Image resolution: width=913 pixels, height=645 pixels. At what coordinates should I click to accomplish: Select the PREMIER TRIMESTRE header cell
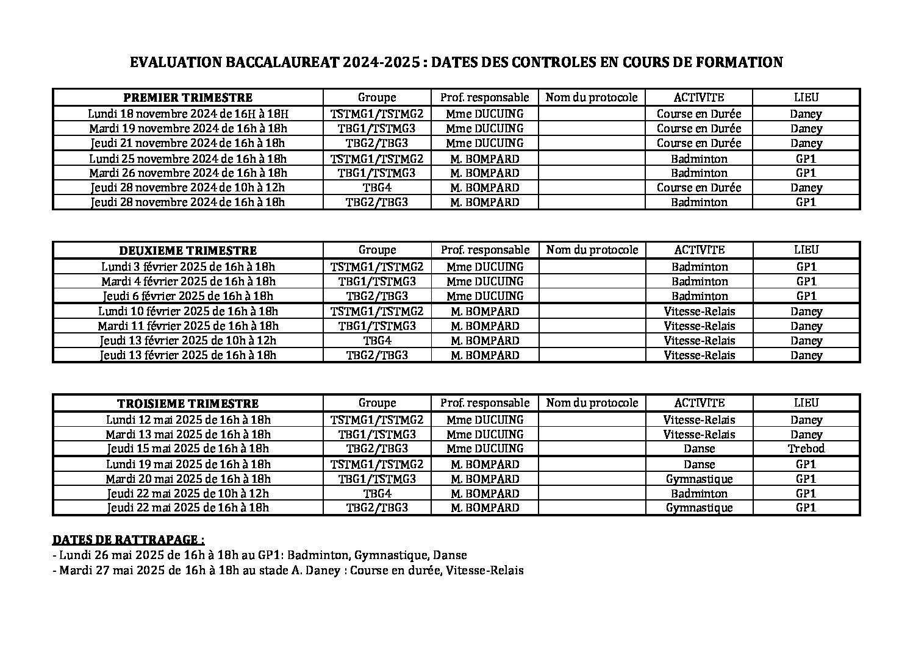188,98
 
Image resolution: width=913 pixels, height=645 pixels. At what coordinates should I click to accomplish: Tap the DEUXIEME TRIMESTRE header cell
188,251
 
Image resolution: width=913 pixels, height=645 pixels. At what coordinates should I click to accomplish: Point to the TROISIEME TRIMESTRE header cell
188,404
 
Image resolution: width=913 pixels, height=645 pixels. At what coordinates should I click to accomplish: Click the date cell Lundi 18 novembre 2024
188,114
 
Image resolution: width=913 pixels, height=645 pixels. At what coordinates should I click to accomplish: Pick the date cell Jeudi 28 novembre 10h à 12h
188,188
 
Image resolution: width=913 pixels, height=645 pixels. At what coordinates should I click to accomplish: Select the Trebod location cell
806,449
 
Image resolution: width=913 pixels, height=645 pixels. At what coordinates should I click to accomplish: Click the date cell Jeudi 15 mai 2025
188,449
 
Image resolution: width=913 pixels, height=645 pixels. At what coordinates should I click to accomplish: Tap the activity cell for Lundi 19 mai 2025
699,464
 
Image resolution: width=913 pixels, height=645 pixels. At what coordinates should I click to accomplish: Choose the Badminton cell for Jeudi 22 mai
699,493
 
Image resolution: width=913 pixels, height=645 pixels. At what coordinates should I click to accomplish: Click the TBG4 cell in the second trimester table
377,341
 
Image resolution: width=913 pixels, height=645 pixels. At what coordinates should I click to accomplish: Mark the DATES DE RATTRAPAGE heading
129,540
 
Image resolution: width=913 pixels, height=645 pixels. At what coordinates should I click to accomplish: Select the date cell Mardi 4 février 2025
188,282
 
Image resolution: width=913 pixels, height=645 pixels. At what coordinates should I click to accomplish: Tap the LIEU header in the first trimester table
806,98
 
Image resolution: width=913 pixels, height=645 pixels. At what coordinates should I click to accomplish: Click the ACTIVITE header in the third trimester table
699,403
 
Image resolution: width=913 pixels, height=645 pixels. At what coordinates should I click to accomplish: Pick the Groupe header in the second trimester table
377,250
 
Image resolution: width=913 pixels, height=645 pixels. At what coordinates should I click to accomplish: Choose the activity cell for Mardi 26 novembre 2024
699,173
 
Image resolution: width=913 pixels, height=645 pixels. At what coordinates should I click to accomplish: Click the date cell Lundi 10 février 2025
188,312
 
